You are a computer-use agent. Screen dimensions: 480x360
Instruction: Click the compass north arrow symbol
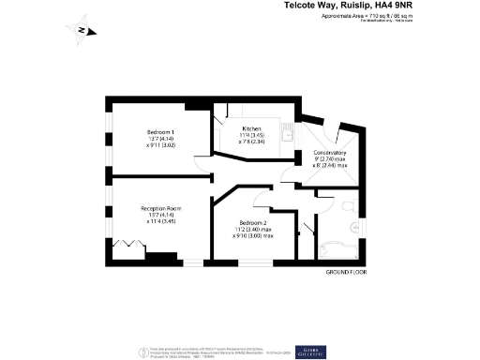82,30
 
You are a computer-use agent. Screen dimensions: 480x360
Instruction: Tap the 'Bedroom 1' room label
160,131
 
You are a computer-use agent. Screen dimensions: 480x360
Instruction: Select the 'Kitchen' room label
251,128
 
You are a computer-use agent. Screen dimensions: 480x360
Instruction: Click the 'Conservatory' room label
329,152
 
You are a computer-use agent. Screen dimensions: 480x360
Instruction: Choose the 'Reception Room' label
160,208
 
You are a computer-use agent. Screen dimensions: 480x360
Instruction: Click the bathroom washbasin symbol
355,228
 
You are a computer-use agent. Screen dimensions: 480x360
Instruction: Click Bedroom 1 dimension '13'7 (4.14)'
160,139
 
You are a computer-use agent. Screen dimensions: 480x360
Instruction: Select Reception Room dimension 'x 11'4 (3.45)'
160,223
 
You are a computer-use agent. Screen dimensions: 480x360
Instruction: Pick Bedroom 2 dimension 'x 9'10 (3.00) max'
253,235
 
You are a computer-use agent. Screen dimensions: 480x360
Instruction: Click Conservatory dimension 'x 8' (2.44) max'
329,166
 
